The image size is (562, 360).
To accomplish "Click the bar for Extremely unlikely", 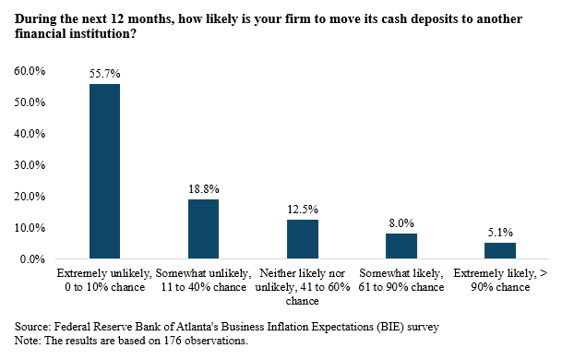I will click(104, 171).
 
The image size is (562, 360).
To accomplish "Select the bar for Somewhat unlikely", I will click(203, 229).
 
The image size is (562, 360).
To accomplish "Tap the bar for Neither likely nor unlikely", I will click(302, 239).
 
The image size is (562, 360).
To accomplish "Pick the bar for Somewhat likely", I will click(401, 246).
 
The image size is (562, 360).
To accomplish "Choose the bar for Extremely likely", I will click(500, 250).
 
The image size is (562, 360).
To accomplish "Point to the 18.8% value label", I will click(203, 189).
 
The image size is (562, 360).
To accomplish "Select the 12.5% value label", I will click(302, 210).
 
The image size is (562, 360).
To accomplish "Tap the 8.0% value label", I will click(401, 223).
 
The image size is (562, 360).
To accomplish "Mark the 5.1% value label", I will click(500, 233).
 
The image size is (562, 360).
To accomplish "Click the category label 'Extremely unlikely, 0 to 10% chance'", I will click(103, 281).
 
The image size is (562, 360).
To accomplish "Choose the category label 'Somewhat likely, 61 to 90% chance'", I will click(401, 281).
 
